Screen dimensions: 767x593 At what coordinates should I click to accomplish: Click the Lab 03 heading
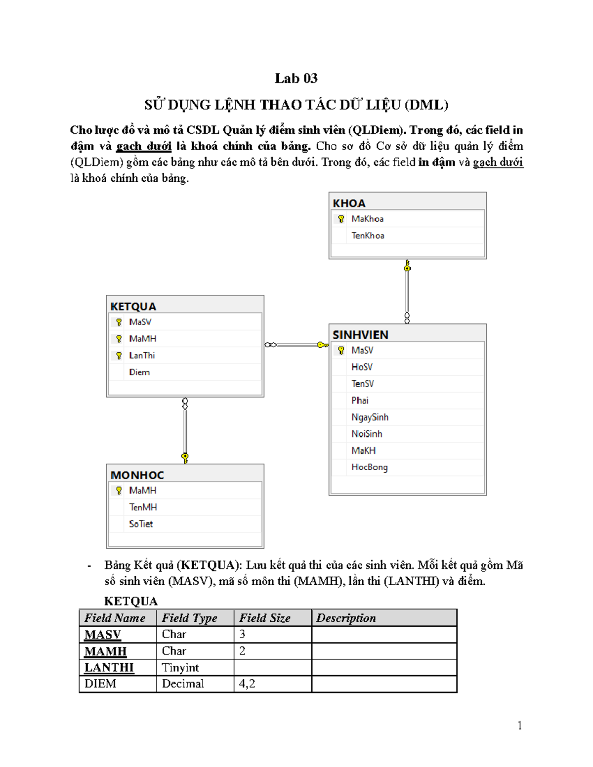point(296,79)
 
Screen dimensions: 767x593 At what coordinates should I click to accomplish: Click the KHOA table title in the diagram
point(349,203)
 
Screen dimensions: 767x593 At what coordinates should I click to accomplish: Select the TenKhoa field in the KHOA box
point(368,236)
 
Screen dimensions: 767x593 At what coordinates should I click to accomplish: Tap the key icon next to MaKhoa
point(341,219)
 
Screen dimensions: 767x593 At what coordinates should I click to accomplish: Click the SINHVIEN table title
point(360,335)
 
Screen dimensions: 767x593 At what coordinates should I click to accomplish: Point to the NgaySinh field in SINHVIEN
point(370,417)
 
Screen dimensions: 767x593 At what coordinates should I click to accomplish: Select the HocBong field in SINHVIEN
point(369,467)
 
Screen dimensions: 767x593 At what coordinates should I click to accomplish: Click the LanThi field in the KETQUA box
point(142,356)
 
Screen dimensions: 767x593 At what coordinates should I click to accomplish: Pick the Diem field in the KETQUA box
point(139,372)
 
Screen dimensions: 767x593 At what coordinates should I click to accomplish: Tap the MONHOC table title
point(137,475)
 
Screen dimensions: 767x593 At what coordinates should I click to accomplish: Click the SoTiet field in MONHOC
point(141,524)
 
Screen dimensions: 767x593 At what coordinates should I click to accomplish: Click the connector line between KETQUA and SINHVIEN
point(296,345)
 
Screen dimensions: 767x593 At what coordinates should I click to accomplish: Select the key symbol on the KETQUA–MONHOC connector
point(185,457)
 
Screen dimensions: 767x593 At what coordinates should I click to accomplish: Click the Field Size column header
point(265,618)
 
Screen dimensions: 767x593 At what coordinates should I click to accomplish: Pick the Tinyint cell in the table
point(180,668)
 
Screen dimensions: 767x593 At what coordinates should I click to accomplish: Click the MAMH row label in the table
point(105,651)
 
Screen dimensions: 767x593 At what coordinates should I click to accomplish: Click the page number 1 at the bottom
point(519,726)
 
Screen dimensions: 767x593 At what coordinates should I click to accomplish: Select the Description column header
point(346,618)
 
